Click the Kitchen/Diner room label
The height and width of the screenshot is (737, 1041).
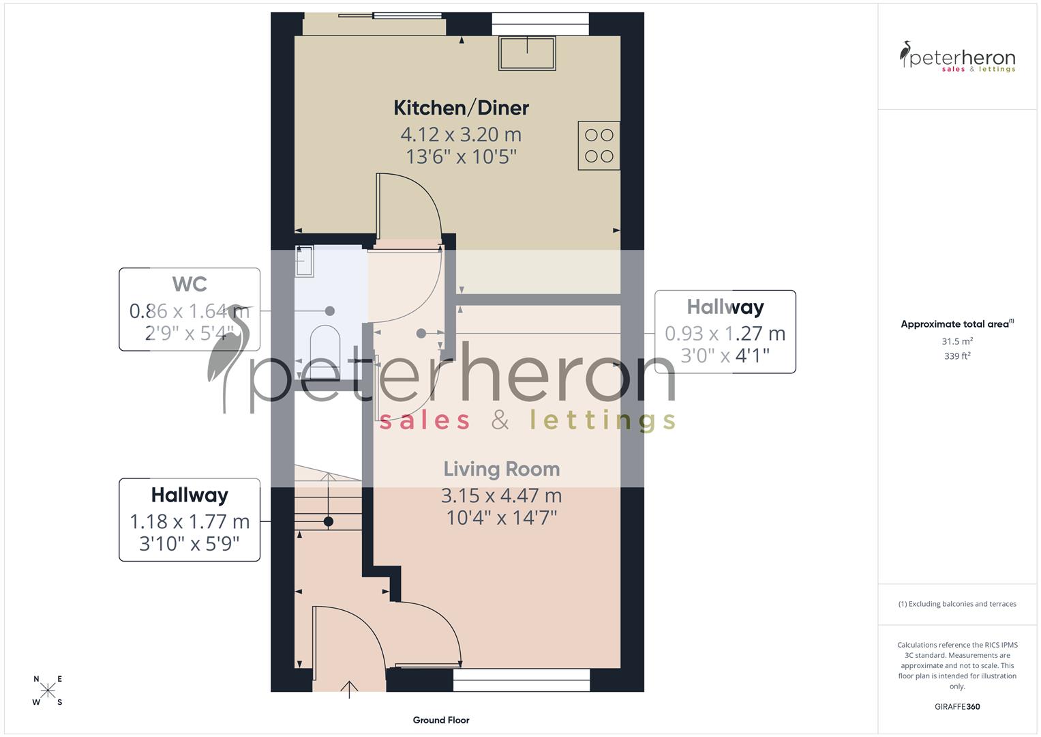[462, 108]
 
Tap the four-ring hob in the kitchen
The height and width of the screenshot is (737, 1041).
[599, 145]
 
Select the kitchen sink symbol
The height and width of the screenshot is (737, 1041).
[527, 53]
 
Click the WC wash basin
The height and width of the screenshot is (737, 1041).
[304, 261]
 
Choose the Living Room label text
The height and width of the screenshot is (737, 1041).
[502, 469]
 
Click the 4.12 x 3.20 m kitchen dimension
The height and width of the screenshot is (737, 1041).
[461, 134]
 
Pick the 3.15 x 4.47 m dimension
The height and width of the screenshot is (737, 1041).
[502, 495]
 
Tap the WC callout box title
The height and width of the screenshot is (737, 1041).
[190, 284]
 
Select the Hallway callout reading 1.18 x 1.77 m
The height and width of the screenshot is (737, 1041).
[190, 520]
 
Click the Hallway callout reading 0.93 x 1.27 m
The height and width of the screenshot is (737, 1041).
[725, 332]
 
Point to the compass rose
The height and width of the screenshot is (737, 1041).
[48, 691]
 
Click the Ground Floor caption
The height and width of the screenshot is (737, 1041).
[441, 720]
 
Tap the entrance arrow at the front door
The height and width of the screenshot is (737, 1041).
[350, 689]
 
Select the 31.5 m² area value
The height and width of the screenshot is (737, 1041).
[957, 341]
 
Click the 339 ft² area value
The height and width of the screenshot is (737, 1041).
[957, 356]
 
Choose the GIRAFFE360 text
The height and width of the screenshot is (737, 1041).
[957, 707]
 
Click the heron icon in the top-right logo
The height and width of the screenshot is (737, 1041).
[906, 55]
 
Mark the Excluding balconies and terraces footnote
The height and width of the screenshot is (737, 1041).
[957, 604]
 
